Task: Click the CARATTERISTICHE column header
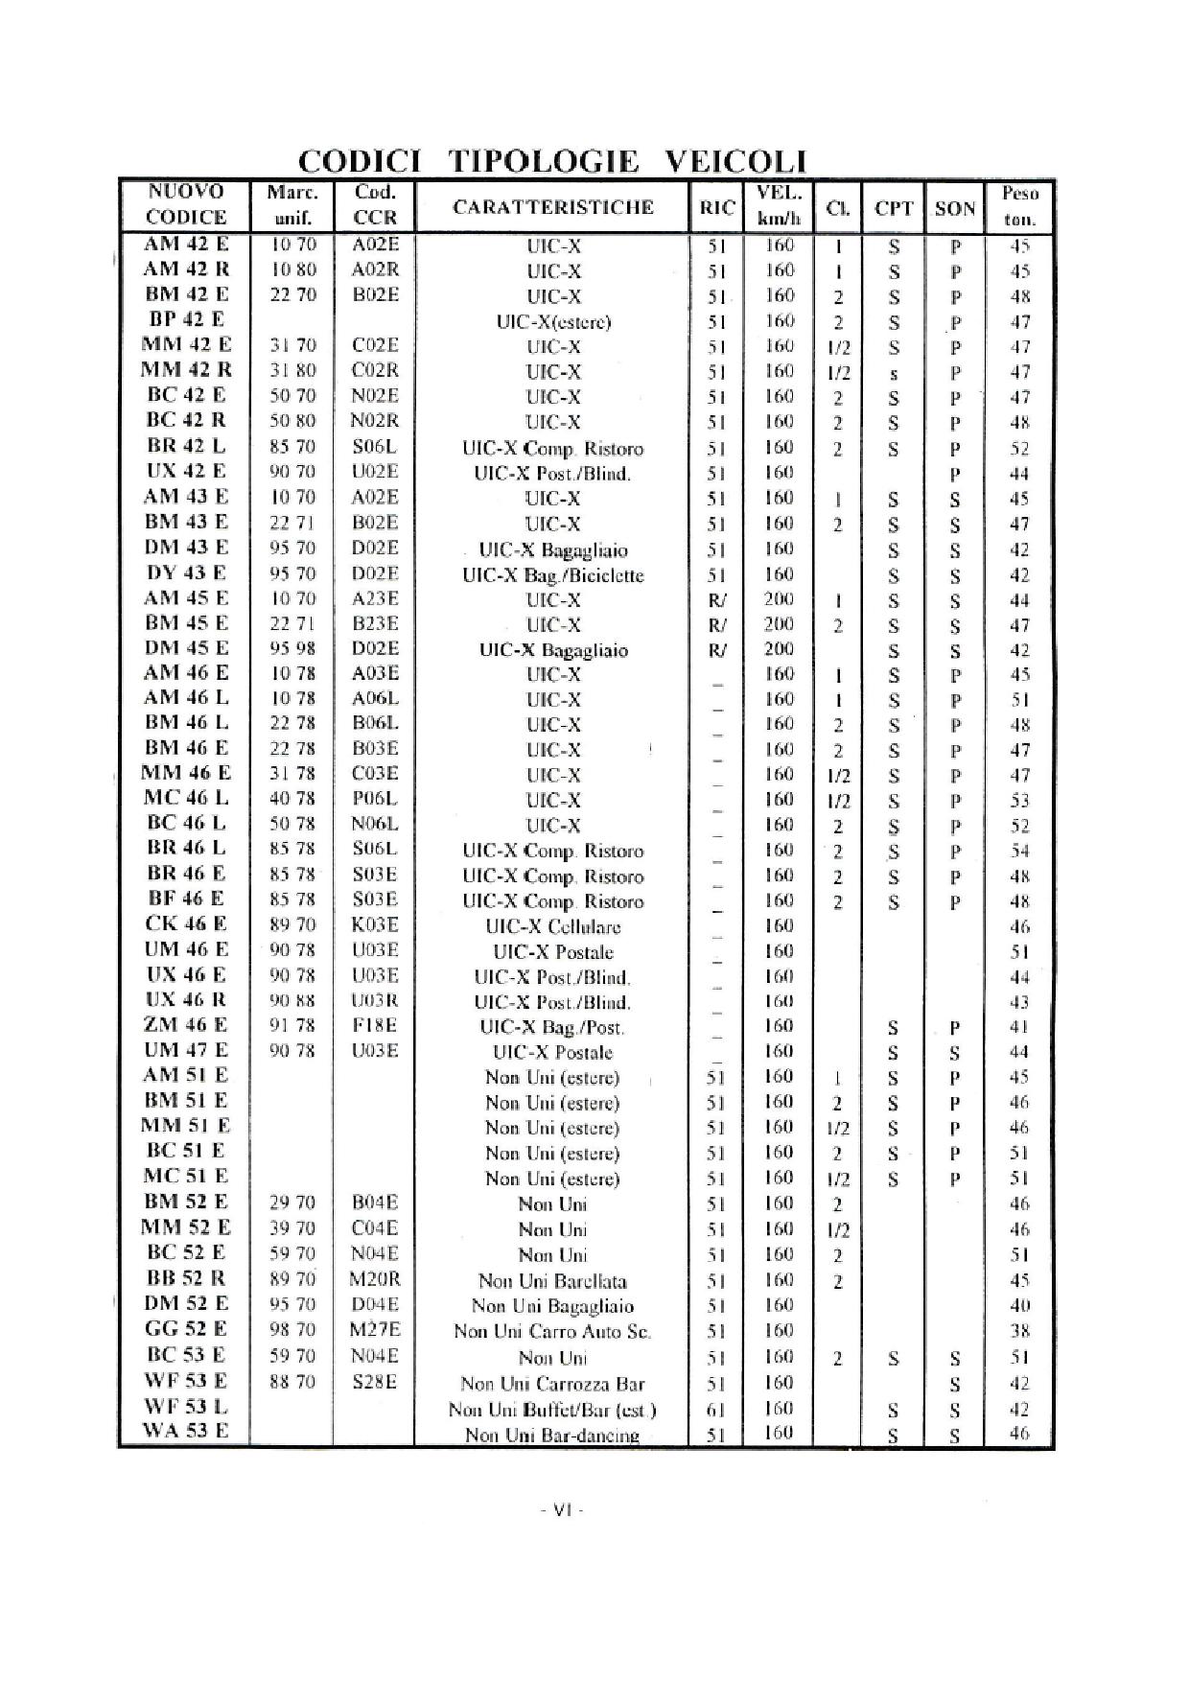(553, 207)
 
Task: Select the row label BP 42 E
(186, 320)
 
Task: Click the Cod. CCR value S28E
(374, 1382)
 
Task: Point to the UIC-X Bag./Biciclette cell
(553, 575)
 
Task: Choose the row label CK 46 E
(186, 924)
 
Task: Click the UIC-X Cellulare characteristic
(553, 927)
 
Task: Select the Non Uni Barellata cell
(553, 1281)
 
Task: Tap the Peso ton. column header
(1019, 206)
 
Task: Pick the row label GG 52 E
(186, 1329)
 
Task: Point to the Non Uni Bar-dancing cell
(552, 1435)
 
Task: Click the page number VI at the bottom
(561, 1510)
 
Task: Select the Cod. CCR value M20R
(374, 1279)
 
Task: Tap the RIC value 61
(715, 1409)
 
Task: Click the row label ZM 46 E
(186, 1025)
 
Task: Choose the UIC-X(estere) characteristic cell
(553, 322)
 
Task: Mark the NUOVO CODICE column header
(186, 204)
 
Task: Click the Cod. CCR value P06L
(374, 798)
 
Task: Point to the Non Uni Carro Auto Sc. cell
(552, 1332)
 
